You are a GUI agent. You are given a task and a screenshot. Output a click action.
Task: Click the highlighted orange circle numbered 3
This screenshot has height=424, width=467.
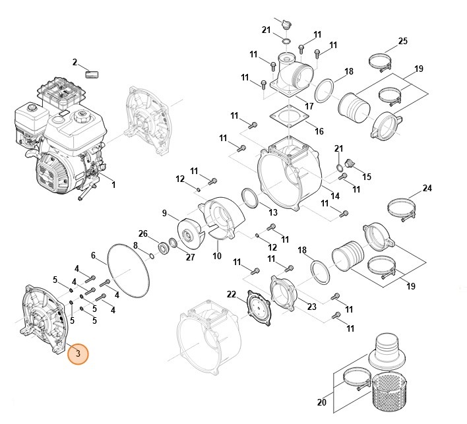coord(78,353)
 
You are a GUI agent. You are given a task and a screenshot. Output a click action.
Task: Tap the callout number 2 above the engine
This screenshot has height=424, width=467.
coord(75,63)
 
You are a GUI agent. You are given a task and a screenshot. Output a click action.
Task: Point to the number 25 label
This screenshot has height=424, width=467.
coord(403,42)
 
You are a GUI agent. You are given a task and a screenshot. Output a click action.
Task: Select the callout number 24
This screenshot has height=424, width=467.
coord(427,189)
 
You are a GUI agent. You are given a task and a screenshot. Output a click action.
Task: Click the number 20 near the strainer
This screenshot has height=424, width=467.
coord(321,402)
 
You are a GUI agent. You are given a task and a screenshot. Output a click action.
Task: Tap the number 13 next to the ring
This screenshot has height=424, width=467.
coord(273,212)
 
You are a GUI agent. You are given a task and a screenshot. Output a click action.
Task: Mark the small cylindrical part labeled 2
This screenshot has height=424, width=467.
coord(94,73)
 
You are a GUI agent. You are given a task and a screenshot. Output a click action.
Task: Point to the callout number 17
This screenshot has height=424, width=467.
coord(309,106)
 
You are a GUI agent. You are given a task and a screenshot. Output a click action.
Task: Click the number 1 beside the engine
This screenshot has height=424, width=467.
coord(113,185)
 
